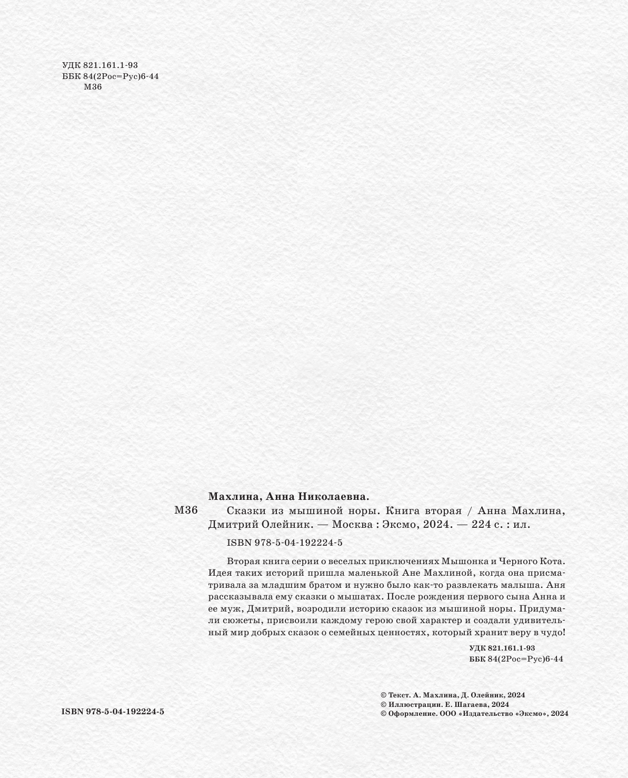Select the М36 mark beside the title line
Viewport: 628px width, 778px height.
click(x=185, y=510)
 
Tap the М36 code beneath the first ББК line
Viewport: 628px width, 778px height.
click(x=93, y=87)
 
